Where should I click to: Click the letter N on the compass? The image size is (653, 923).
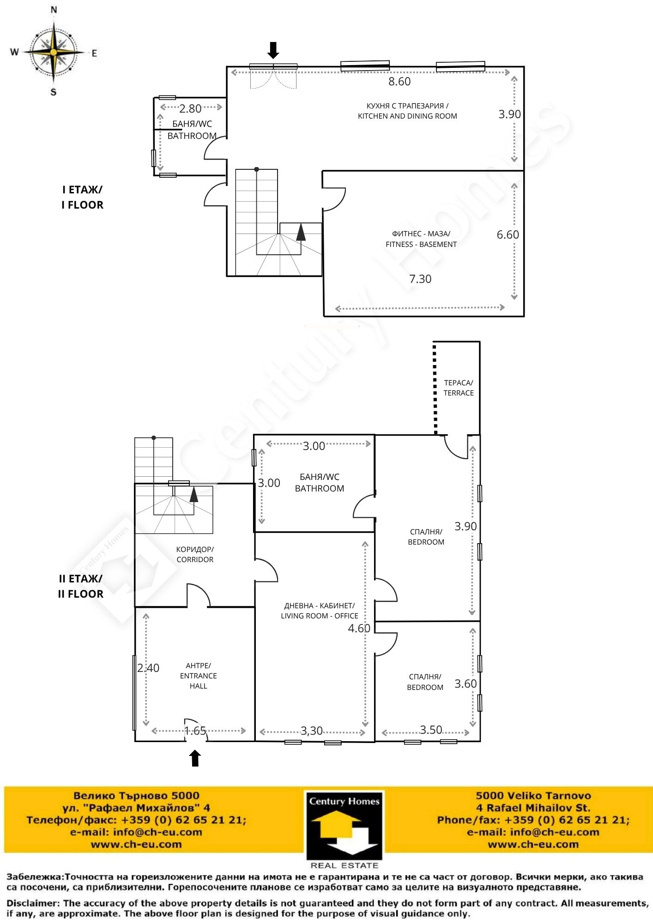click(54, 10)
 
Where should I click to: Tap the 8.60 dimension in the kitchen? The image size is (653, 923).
click(399, 82)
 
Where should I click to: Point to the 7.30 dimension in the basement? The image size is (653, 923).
click(420, 279)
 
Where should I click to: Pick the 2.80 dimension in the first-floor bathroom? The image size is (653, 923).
click(190, 108)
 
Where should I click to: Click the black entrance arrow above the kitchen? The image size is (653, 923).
click(273, 50)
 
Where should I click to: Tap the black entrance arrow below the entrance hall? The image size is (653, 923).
click(195, 758)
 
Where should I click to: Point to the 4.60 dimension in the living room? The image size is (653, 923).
click(359, 628)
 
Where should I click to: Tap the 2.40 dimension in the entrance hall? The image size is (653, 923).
click(148, 668)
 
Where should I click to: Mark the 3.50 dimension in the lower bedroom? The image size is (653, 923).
click(431, 730)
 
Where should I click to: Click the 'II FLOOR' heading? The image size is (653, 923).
click(81, 593)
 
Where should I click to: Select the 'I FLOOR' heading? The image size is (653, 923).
click(83, 204)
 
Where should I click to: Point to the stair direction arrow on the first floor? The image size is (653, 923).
click(301, 232)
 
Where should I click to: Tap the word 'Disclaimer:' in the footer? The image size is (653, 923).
click(33, 903)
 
